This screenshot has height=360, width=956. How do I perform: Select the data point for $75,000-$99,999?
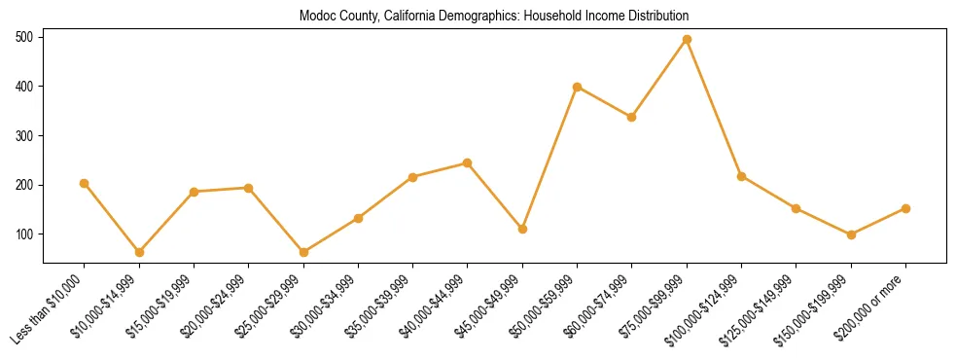(x=687, y=39)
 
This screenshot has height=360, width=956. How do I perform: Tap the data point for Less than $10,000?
(x=85, y=183)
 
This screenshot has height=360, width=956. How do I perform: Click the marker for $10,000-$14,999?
(x=139, y=252)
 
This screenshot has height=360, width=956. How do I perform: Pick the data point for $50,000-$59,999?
(x=578, y=87)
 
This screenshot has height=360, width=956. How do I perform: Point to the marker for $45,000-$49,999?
(x=522, y=229)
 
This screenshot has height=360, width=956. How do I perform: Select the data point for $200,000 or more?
(x=905, y=208)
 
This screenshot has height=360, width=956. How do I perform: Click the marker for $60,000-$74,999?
(x=632, y=117)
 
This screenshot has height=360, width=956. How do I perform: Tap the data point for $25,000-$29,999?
(x=303, y=252)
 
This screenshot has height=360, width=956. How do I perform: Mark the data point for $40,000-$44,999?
(x=468, y=162)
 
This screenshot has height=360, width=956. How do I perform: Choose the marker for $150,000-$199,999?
(x=851, y=234)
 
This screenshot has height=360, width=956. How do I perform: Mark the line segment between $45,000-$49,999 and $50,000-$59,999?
(x=550, y=158)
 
